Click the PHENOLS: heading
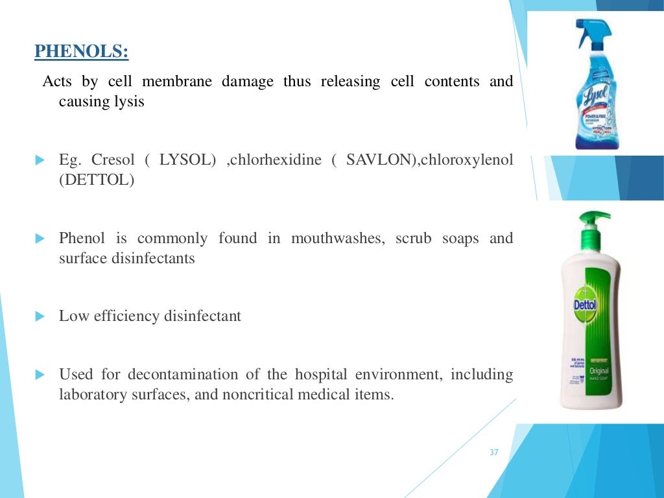click(81, 51)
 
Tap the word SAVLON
click(373, 160)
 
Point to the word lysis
click(129, 102)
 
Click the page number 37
click(494, 453)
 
